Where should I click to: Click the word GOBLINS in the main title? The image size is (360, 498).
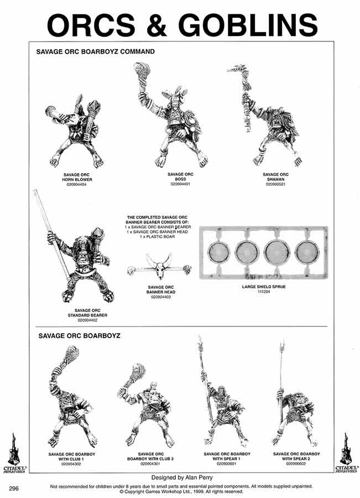tap(248, 25)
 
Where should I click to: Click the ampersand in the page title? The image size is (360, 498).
tap(156, 25)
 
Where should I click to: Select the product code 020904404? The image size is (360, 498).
tap(76, 184)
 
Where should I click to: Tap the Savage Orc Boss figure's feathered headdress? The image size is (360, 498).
tap(175, 93)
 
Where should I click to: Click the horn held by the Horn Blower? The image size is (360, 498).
tap(56, 113)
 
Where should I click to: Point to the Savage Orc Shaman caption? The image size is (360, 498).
tap(275, 177)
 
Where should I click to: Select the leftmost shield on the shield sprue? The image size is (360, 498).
tap(218, 252)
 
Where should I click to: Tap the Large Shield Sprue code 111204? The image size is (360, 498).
tap(264, 291)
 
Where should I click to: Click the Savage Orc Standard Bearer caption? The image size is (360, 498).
tap(87, 313)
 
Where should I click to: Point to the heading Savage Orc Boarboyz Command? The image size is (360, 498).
tap(95, 51)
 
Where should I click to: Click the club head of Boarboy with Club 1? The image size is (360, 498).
tap(71, 353)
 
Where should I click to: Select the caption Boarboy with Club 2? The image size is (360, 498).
tap(150, 456)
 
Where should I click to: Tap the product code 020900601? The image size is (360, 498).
tap(227, 463)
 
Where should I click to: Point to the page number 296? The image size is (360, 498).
tap(14, 489)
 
